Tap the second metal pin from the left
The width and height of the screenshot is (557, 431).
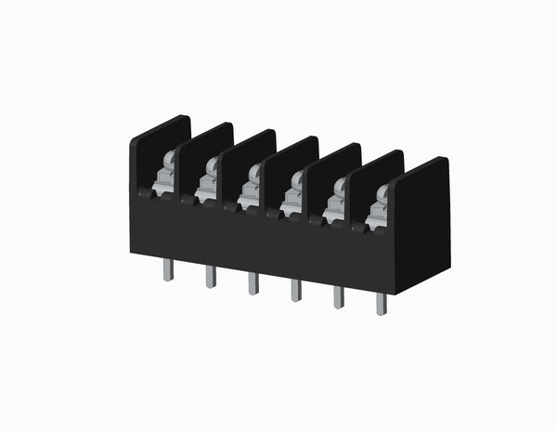211,276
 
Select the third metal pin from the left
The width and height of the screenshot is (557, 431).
253,282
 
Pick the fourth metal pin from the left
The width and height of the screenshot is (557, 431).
295,290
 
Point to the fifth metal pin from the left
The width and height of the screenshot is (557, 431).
338,296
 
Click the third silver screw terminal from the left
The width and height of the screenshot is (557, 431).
250,191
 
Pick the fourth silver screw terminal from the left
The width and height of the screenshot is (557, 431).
292,198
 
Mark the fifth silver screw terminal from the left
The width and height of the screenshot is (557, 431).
335,205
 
